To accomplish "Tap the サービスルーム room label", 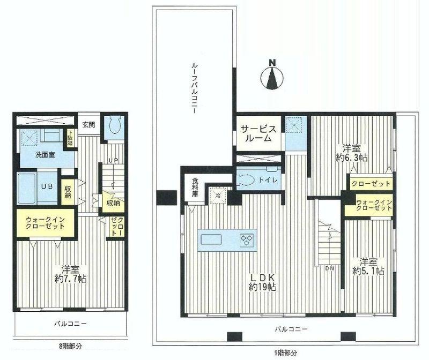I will tap(258, 133).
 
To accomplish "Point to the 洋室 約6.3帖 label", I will tap(351, 152).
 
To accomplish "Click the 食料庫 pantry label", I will tap(195, 190).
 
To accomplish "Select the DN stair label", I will tap(329, 267).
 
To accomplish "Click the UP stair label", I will tap(113, 161).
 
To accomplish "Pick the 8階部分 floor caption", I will tap(71, 347).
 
